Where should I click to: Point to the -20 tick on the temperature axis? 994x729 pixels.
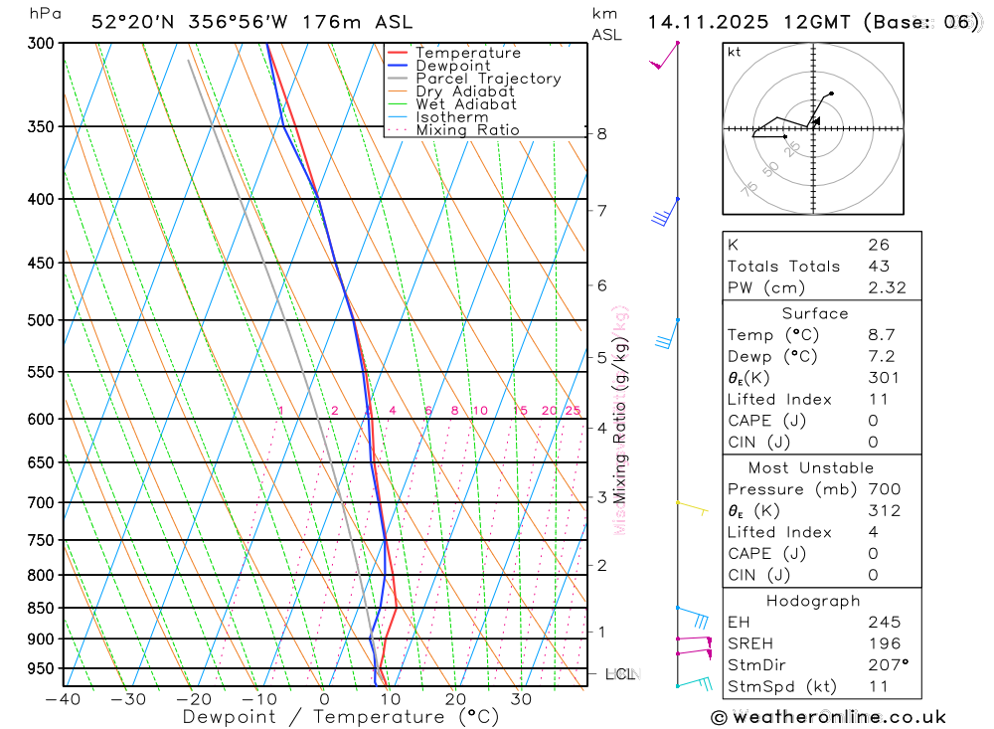tap(194, 698)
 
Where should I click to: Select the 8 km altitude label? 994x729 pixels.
tap(601, 133)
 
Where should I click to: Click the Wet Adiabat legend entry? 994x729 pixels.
tap(465, 104)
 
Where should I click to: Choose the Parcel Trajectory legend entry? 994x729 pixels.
tap(487, 79)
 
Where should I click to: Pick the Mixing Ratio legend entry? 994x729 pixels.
tap(467, 130)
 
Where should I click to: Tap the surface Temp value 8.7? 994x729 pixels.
tap(879, 335)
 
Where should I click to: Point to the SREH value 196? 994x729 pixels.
tap(881, 643)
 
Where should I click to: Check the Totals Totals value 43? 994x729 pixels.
tap(878, 267)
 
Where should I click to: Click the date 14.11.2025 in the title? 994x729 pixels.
tap(701, 22)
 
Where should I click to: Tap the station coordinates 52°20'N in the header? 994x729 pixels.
tap(129, 22)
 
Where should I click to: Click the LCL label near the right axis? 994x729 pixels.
tap(621, 674)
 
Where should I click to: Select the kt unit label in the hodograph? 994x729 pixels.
tap(735, 52)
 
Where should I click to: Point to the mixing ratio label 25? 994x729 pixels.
tap(573, 411)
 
